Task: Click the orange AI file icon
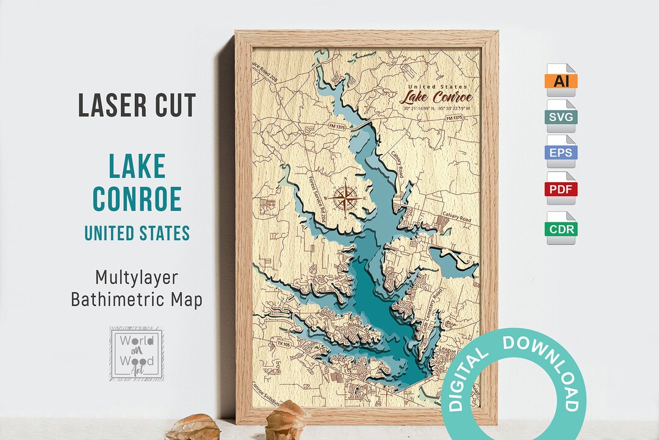pyautogui.click(x=561, y=79)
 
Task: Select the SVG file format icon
pyautogui.click(x=561, y=116)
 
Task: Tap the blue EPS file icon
pyautogui.click(x=561, y=153)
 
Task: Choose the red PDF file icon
pyautogui.click(x=561, y=189)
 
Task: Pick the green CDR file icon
pyautogui.click(x=561, y=229)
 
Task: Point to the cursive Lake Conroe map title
pyautogui.click(x=436, y=97)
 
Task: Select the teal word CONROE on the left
pyautogui.click(x=137, y=199)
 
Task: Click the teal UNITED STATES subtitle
pyautogui.click(x=137, y=233)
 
